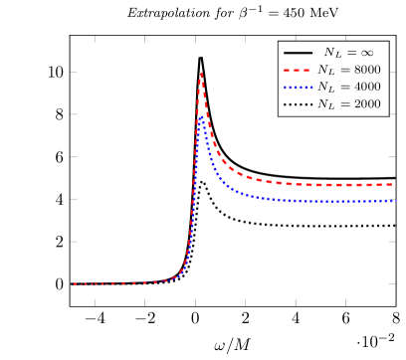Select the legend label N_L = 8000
(348, 70)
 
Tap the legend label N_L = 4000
(348, 88)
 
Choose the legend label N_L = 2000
(348, 104)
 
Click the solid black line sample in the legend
(297, 52)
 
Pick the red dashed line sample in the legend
(297, 70)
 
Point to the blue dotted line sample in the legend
(297, 88)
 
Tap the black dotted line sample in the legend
(297, 104)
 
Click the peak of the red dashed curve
(201, 72)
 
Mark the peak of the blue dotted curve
(201, 115)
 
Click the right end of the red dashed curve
(397, 185)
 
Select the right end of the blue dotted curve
(397, 201)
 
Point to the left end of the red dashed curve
(73, 283)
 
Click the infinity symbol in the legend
(367, 52)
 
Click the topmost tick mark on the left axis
(74, 72)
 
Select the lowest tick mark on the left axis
(74, 283)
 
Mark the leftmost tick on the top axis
(96, 40)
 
